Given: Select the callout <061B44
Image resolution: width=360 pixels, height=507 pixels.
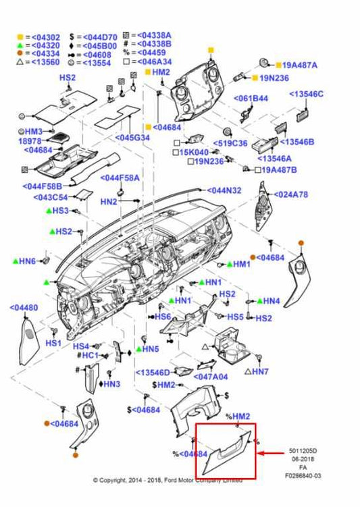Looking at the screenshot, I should click(x=252, y=99).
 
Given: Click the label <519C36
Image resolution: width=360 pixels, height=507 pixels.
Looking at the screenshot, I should click(x=230, y=143).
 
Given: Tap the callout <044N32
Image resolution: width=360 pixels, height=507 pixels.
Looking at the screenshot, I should click(x=224, y=191).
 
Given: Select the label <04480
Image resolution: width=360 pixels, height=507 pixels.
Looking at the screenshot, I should click(x=24, y=308).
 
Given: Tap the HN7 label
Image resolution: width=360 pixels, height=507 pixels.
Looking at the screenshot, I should click(x=259, y=371).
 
